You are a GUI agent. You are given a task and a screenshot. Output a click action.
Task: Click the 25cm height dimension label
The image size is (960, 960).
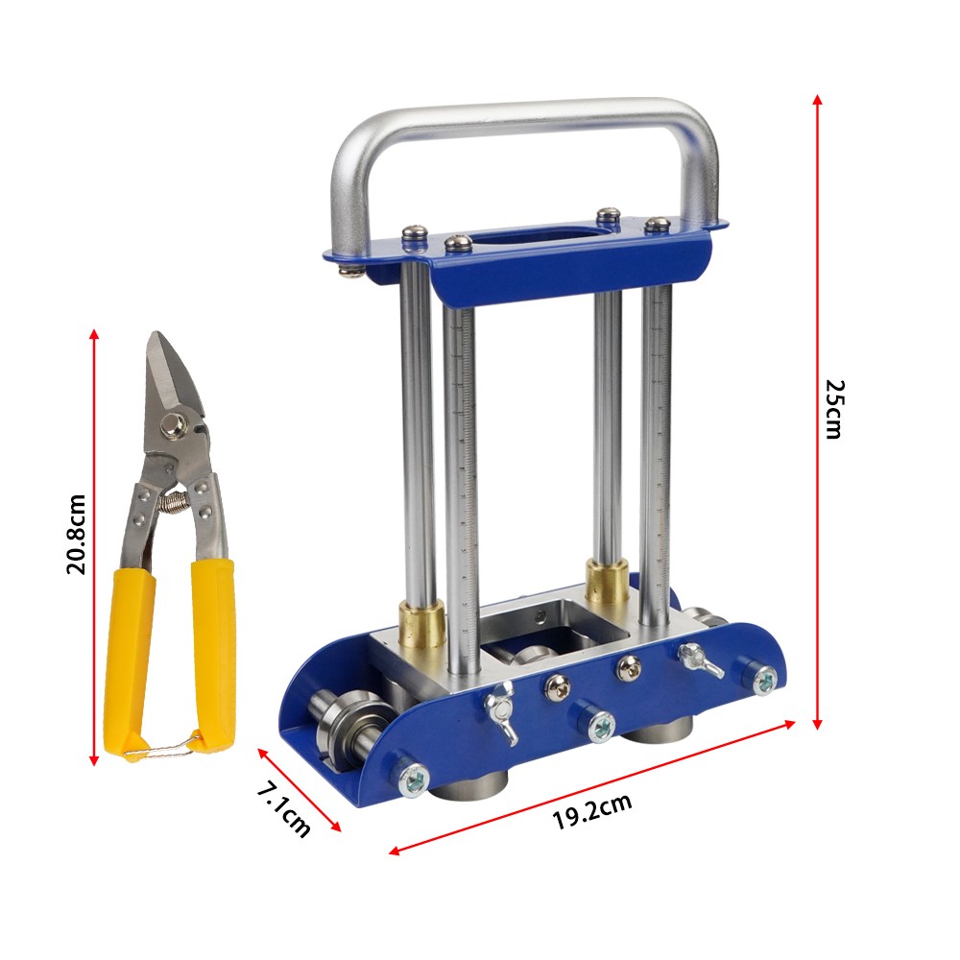(x=833, y=409)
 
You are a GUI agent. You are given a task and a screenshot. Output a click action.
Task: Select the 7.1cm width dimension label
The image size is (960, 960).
(x=284, y=808)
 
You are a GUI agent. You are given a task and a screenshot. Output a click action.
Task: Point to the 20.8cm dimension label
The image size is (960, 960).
(x=77, y=534)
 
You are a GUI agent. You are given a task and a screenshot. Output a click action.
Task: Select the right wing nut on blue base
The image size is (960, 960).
(x=699, y=659)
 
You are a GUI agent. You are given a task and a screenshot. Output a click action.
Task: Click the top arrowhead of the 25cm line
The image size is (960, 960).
(x=817, y=100)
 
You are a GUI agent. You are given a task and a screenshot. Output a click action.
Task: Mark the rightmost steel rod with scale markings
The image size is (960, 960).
(x=658, y=432)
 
